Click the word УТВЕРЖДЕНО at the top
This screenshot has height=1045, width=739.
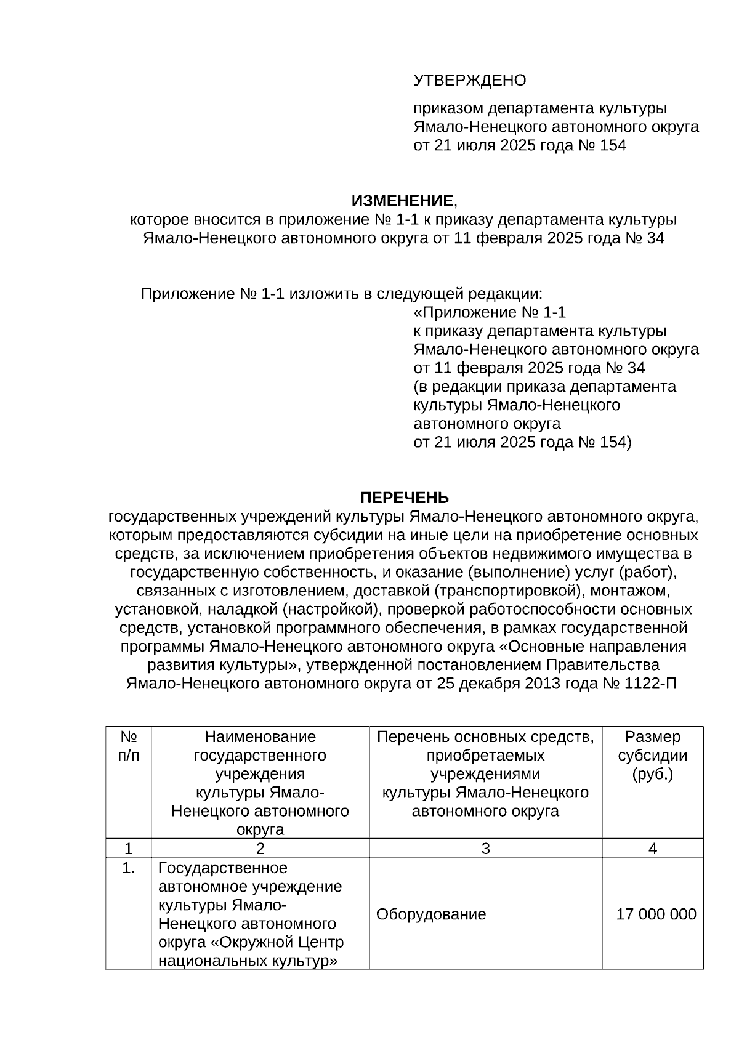click(x=469, y=81)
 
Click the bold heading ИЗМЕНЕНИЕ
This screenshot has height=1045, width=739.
click(x=402, y=201)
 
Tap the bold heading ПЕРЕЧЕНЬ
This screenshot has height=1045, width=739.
click(x=404, y=498)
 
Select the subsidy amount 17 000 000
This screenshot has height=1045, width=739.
click(x=656, y=914)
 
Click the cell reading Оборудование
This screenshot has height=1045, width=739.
click(x=431, y=914)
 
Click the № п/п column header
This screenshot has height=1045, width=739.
click(x=128, y=746)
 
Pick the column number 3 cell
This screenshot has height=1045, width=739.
click(x=485, y=848)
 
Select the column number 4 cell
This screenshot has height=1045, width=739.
click(x=653, y=848)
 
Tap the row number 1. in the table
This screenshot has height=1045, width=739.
click(x=128, y=869)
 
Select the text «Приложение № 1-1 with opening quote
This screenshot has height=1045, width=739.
click(x=490, y=312)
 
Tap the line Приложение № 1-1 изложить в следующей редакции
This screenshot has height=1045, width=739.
click(x=342, y=294)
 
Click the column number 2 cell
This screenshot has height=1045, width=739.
click(x=260, y=848)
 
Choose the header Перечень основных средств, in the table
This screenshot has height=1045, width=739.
click(x=485, y=737)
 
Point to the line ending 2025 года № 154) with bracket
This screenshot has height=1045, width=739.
click(x=522, y=442)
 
